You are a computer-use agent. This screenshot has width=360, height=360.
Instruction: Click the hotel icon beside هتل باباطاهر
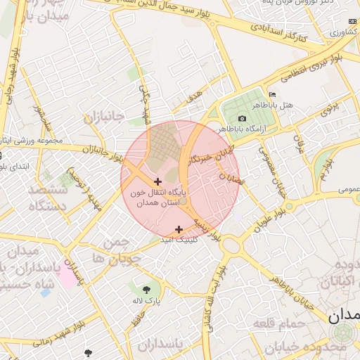click(x=272, y=95)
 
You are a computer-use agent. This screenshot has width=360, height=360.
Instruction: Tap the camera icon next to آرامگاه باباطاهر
click(x=243, y=119)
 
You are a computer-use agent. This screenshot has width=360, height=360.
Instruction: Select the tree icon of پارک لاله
click(x=146, y=289)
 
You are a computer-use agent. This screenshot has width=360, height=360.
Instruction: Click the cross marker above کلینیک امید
click(x=179, y=229)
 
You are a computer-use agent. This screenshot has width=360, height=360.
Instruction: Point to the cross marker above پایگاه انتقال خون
click(x=157, y=182)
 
